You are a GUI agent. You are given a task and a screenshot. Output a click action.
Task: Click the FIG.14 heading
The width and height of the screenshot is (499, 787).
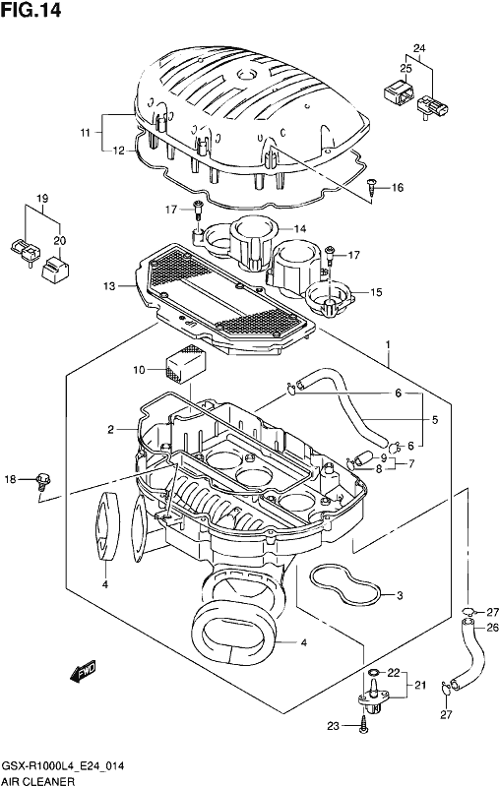[31, 10]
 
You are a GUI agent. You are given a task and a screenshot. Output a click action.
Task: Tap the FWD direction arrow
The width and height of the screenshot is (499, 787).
[83, 671]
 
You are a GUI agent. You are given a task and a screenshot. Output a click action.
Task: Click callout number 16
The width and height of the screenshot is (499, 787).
[397, 188]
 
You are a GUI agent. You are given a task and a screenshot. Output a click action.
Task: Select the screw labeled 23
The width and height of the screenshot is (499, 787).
[364, 727]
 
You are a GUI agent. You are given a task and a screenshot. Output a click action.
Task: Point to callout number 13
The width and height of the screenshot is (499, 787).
[109, 286]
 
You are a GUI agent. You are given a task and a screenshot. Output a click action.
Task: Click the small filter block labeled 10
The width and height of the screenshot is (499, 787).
[185, 362]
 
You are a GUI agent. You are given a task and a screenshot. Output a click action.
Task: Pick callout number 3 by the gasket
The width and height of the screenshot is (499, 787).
[400, 596]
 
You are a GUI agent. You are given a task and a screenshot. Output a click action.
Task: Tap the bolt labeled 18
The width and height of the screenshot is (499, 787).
[43, 481]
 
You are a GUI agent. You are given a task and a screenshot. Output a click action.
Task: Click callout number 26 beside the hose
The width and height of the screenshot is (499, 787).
[492, 627]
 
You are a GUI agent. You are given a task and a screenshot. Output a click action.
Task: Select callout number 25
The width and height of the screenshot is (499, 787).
[406, 69]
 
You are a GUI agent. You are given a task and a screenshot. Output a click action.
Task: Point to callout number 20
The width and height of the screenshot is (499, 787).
[60, 241]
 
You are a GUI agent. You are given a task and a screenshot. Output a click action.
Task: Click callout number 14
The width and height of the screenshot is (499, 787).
[300, 229]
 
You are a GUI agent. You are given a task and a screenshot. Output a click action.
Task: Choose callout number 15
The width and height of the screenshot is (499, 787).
[376, 292]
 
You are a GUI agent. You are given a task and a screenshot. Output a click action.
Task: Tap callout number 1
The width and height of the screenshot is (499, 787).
[388, 345]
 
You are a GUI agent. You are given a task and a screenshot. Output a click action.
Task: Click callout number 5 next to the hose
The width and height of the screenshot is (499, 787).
[435, 419]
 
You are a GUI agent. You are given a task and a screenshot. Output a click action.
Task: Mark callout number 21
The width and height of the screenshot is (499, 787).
[419, 685]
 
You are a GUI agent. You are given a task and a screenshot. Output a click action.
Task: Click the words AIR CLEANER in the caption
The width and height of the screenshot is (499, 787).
[38, 781]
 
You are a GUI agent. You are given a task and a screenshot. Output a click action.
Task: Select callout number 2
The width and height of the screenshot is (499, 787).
[110, 430]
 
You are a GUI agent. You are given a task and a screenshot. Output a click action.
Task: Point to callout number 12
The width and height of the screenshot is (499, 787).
[118, 151]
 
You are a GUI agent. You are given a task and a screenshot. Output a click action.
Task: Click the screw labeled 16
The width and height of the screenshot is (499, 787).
[371, 186]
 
